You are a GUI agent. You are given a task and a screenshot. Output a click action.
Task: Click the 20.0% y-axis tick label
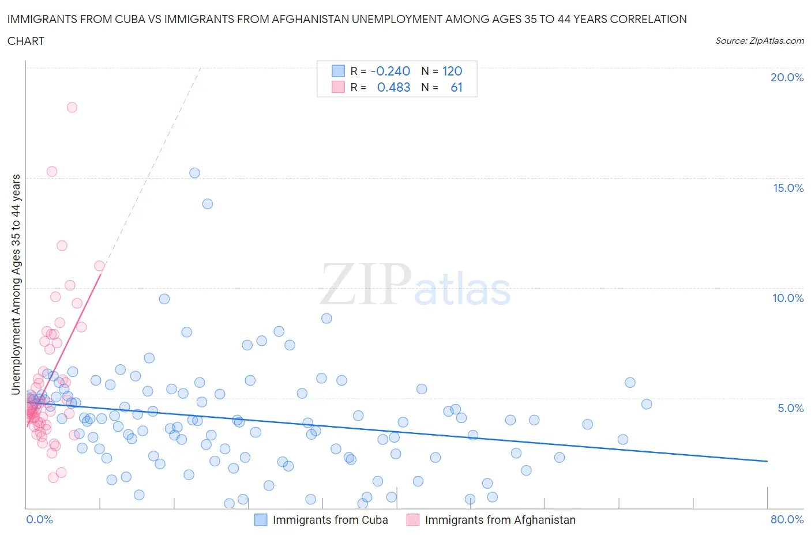pyautogui.click(x=787, y=77)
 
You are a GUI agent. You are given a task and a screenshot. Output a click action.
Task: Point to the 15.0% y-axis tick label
pyautogui.click(x=788, y=188)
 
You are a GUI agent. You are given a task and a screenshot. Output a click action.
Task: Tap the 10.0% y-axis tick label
pyautogui.click(x=788, y=298)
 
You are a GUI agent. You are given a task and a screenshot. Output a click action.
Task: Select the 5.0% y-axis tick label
pyautogui.click(x=790, y=408)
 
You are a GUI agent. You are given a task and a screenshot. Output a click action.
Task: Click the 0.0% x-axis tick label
pyautogui.click(x=39, y=519)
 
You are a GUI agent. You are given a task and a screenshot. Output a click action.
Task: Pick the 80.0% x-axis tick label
pyautogui.click(x=787, y=519)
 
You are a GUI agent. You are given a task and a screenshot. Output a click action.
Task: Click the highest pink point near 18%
pyautogui.click(x=72, y=107)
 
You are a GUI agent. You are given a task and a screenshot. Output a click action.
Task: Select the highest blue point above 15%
pyautogui.click(x=194, y=173)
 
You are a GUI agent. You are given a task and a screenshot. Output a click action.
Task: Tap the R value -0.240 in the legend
pyautogui.click(x=391, y=71)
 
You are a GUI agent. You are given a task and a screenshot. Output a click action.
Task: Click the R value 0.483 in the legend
pyautogui.click(x=393, y=87)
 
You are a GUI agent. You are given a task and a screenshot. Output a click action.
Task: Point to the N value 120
pyautogui.click(x=452, y=71)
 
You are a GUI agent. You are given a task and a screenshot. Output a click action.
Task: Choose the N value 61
pyautogui.click(x=456, y=87)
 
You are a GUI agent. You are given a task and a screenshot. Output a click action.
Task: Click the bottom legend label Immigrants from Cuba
pyautogui.click(x=330, y=520)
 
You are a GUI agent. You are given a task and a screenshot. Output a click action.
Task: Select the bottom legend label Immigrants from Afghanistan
pyautogui.click(x=500, y=520)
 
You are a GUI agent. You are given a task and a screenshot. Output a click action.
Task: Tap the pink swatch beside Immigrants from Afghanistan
pyautogui.click(x=412, y=520)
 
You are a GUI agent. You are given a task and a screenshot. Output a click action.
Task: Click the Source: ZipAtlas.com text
pyautogui.click(x=759, y=41)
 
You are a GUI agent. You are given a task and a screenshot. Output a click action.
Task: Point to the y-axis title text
pyautogui.click(x=16, y=285)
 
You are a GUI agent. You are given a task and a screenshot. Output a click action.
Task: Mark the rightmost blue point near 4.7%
pyautogui.click(x=647, y=404)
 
